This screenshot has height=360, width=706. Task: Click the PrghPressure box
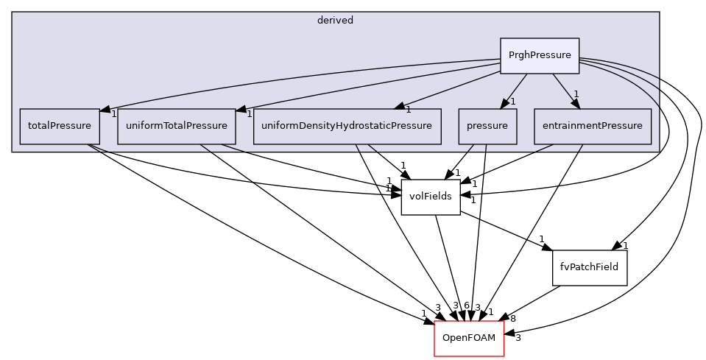540,55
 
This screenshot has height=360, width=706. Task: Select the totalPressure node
59,126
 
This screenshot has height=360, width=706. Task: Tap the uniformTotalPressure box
177,126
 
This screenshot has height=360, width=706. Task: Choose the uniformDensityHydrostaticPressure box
347,126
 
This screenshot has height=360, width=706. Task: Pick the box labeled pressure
487,126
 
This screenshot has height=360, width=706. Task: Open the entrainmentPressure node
593,126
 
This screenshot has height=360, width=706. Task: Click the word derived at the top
335,21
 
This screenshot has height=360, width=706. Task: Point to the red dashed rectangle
469,339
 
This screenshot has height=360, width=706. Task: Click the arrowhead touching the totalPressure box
105,110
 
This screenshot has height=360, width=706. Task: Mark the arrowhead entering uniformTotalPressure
241,110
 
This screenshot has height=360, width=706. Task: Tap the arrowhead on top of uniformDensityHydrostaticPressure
399,107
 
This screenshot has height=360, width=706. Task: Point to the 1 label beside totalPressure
114,114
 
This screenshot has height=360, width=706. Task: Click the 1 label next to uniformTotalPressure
250,114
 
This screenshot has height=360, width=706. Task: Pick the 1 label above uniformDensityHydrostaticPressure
408,110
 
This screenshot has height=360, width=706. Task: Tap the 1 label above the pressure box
512,101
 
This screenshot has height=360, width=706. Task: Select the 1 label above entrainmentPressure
576,93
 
